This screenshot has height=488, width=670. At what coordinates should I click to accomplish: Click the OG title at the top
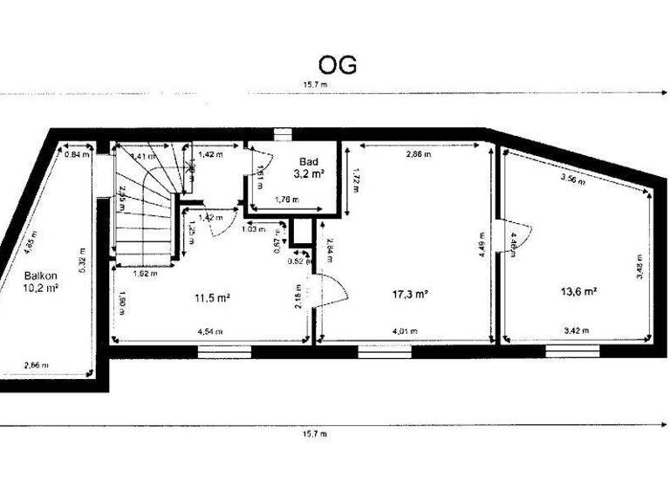tap(337, 64)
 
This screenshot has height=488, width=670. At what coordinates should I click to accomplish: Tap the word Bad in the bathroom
tap(308, 162)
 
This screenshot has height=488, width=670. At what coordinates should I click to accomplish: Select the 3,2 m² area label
tap(309, 174)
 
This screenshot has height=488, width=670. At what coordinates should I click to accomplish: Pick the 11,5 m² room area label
tap(212, 297)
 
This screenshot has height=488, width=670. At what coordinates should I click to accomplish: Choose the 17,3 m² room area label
tap(409, 294)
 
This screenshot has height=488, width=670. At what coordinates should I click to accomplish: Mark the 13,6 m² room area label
tap(578, 291)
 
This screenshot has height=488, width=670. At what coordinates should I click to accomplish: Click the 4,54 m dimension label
tap(209, 332)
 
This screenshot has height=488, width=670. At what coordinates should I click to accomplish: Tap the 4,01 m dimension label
tap(405, 331)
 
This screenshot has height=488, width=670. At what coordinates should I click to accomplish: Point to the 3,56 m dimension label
tap(572, 182)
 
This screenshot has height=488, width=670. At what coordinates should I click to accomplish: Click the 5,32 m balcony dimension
tap(82, 258)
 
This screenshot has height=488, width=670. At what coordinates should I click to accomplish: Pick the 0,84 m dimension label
tap(78, 154)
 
